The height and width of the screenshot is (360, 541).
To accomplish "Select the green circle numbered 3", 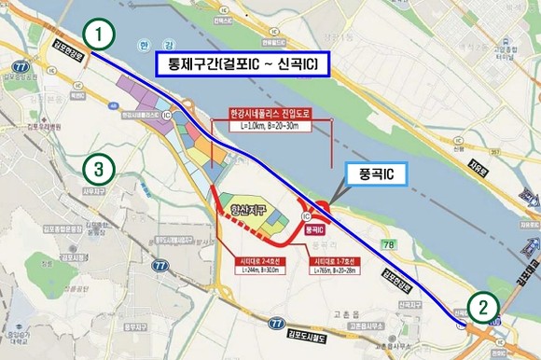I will coord(99,170).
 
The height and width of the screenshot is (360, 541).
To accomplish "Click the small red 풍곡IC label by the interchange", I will coord(315,228).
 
